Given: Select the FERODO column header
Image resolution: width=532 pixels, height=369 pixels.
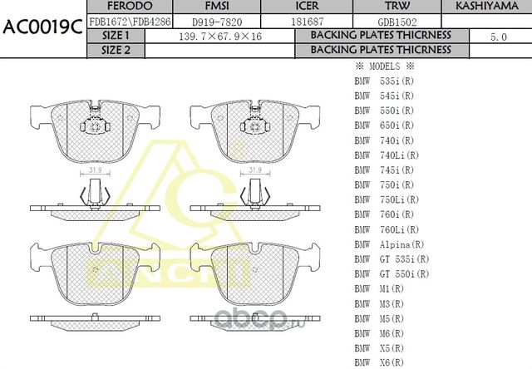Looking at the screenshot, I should pos(116,7).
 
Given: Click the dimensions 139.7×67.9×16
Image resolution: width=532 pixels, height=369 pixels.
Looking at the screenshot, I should pos(220,37).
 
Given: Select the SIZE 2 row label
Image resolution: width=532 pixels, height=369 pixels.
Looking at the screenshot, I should pos(116,50).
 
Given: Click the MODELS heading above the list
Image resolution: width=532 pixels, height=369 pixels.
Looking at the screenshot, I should pos(385,66).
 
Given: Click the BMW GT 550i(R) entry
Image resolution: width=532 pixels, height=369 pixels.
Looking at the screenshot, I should pos(392,274).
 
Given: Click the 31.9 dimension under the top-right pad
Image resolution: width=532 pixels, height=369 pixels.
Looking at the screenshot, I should pos(255,170).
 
